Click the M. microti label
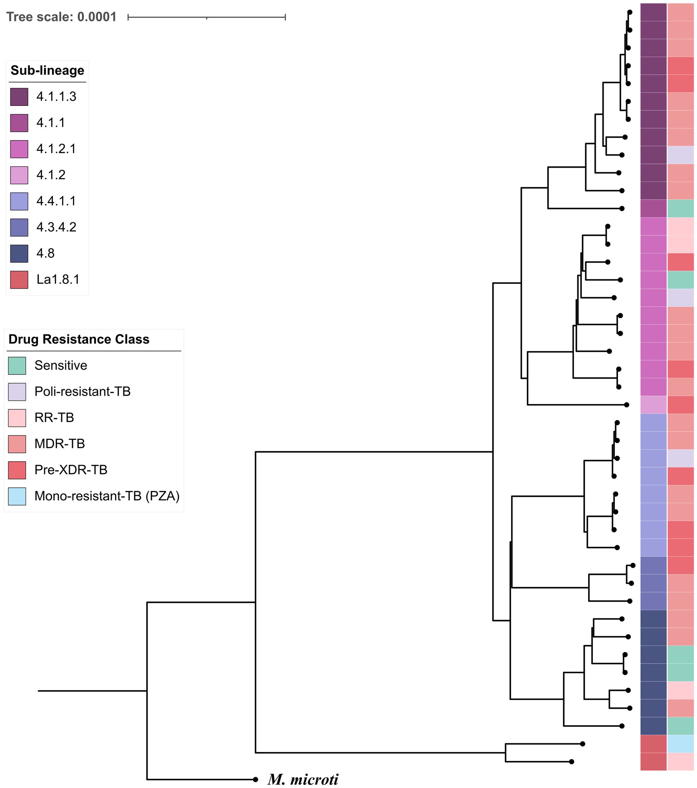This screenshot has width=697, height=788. pyautogui.click(x=303, y=779)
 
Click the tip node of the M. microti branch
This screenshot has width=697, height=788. pyautogui.click(x=255, y=779)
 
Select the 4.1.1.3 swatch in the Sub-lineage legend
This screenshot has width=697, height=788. pyautogui.click(x=19, y=97)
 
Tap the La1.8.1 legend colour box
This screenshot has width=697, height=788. pyautogui.click(x=19, y=279)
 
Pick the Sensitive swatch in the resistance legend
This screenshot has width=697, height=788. pyautogui.click(x=17, y=366)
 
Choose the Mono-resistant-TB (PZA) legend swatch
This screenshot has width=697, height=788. pyautogui.click(x=17, y=496)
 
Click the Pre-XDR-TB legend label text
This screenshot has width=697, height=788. pyautogui.click(x=71, y=470)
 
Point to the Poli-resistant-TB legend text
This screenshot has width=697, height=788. pyautogui.click(x=83, y=391)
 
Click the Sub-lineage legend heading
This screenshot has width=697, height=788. pyautogui.click(x=47, y=70)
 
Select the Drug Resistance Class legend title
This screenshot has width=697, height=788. pyautogui.click(x=79, y=339)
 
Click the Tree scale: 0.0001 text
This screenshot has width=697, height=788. pyautogui.click(x=62, y=17)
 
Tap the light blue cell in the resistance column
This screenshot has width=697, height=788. pyautogui.click(x=680, y=743)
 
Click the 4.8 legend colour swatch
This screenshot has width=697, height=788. pyautogui.click(x=19, y=253)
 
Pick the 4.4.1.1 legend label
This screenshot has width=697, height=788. pyautogui.click(x=56, y=201)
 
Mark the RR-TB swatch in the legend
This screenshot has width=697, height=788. pyautogui.click(x=17, y=418)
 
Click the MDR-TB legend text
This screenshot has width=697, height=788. pyautogui.click(x=60, y=444)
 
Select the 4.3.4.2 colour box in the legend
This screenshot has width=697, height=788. pyautogui.click(x=19, y=227)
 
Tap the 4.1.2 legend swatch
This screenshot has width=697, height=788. pyautogui.click(x=19, y=175)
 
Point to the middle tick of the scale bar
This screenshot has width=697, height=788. pyautogui.click(x=207, y=18)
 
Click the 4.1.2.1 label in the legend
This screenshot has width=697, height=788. pyautogui.click(x=56, y=149)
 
